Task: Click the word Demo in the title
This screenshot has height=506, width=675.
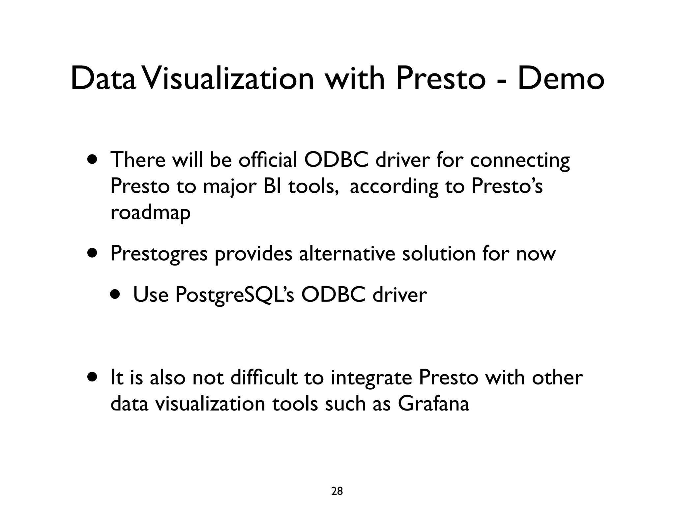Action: coord(561,79)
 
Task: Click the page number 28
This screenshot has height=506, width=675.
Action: coord(337,482)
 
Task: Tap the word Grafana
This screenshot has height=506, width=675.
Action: coord(433,404)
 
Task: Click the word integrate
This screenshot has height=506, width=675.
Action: coord(371,378)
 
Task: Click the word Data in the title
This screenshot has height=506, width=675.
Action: coord(103,79)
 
